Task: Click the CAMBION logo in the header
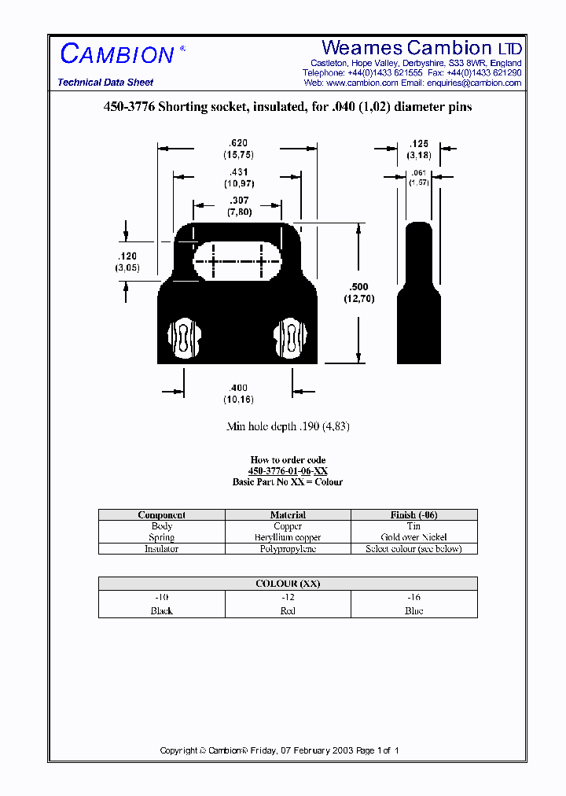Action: (118, 54)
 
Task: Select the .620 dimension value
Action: (237, 143)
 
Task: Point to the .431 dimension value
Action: (237, 172)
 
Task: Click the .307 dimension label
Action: (237, 201)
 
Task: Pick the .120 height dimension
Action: (127, 256)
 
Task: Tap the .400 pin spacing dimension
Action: (237, 388)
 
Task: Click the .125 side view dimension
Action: (419, 144)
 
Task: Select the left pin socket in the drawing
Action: (184, 339)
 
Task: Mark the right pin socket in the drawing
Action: (290, 339)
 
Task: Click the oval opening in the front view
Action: (237, 259)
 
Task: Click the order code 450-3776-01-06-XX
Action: (288, 471)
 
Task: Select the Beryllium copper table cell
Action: (288, 537)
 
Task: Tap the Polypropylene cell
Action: (288, 549)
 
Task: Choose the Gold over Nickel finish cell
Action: (414, 537)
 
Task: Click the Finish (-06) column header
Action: (414, 515)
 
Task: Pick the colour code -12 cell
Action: (288, 598)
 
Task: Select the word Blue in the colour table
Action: (414, 611)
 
